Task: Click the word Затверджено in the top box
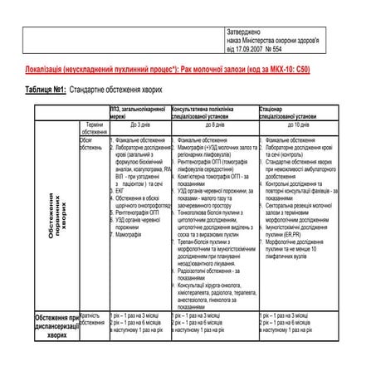pyautogui.click(x=247, y=32)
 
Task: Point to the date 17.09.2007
pyautogui.click(x=255, y=46)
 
